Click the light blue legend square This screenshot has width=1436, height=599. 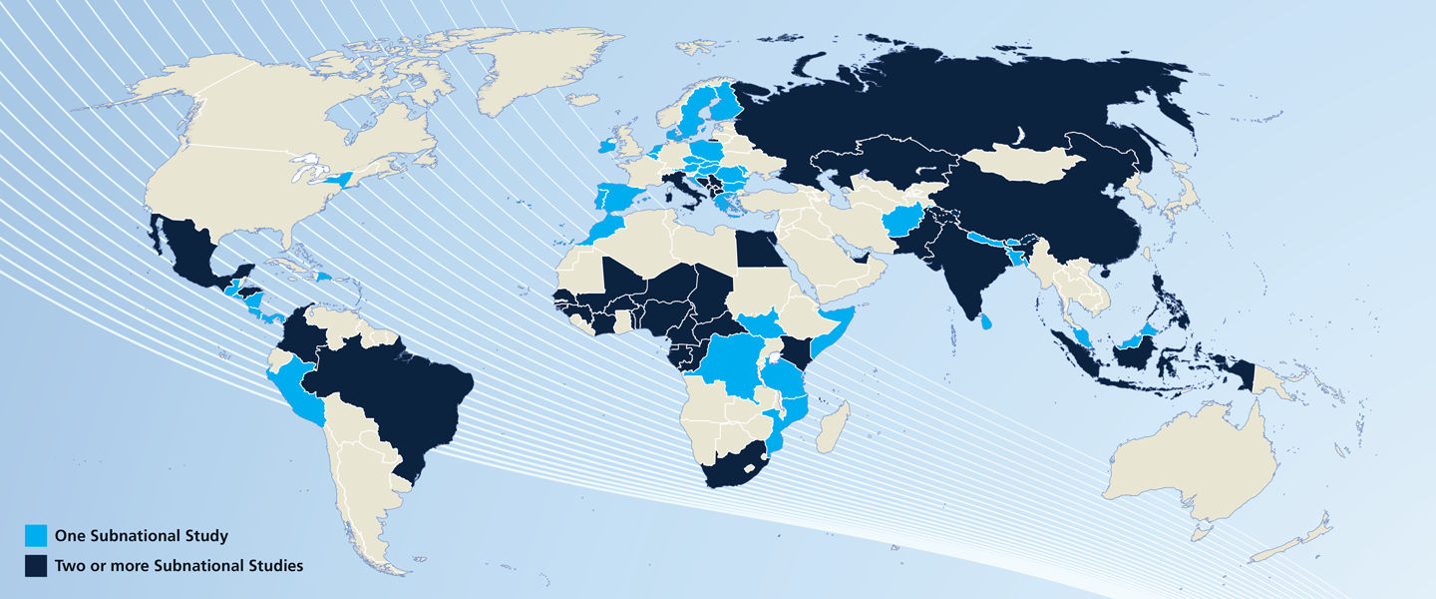[x=36, y=536]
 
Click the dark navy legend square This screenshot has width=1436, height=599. [x=36, y=566]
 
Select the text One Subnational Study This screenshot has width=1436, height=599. [x=141, y=536]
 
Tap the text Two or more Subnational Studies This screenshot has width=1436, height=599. [x=179, y=566]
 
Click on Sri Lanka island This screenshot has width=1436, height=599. [x=986, y=322]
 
